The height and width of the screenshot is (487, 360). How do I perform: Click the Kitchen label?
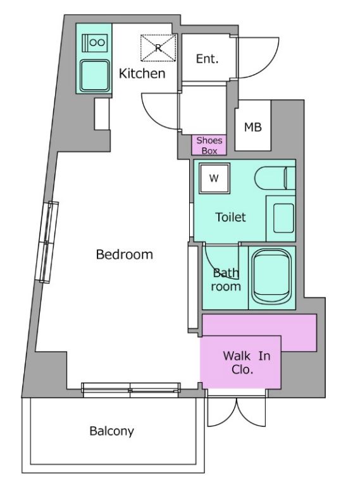click(142, 73)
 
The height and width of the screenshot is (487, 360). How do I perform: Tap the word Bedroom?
click(125, 254)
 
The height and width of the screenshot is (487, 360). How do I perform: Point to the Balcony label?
click(112, 431)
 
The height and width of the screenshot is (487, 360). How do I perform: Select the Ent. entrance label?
click(207, 59)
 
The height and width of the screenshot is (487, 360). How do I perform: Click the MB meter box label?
click(253, 126)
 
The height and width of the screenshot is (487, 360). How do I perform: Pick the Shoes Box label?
click(209, 145)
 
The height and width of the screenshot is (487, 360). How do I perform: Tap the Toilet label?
click(230, 217)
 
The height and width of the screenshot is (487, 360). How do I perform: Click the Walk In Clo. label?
click(246, 362)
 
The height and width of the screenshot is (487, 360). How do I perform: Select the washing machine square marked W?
click(214, 178)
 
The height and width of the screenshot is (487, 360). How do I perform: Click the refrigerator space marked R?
click(158, 48)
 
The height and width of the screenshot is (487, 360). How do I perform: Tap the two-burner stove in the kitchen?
click(95, 42)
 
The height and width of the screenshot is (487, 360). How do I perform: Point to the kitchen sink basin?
click(95, 75)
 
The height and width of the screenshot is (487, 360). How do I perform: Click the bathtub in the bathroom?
click(271, 277)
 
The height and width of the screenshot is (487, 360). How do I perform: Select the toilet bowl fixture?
click(275, 178)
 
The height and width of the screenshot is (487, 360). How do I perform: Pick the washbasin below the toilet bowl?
click(283, 218)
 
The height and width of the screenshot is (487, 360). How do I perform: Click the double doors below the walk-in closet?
click(237, 411)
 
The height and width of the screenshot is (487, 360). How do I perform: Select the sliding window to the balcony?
click(131, 390)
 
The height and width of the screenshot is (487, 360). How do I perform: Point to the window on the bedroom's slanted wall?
click(47, 242)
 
